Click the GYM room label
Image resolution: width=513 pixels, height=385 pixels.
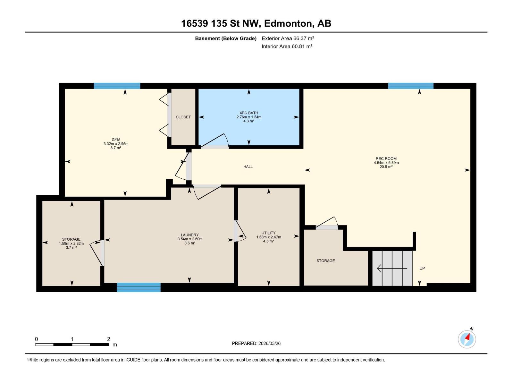[116, 140]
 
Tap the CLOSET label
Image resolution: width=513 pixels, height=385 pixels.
[183, 117]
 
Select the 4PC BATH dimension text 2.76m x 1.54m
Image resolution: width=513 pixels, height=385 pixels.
[249, 117]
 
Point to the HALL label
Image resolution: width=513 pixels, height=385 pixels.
[248, 167]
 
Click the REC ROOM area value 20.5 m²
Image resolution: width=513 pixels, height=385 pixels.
[386, 167]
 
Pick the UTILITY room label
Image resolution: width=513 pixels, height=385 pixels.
[269, 233]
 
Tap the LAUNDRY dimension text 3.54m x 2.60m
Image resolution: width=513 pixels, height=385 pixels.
[190, 239]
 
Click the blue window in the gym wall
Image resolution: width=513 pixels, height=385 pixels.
[117, 86]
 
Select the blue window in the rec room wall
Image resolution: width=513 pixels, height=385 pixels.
[411, 86]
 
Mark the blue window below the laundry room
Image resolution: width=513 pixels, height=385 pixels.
[139, 287]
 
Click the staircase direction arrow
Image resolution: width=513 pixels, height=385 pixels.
[392, 268]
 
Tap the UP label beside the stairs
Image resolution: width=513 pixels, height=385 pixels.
[422, 268]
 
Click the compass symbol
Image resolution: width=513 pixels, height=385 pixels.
[467, 339]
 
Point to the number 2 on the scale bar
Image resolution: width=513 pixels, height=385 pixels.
[108, 339]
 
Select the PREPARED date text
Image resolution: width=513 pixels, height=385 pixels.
[256, 343]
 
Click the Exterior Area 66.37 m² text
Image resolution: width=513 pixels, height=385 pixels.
[288, 38]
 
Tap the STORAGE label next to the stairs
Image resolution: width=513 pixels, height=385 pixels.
[325, 261]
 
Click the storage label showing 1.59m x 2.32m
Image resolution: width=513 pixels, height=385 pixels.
[71, 243]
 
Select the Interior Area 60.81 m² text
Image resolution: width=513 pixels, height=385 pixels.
[287, 46]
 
